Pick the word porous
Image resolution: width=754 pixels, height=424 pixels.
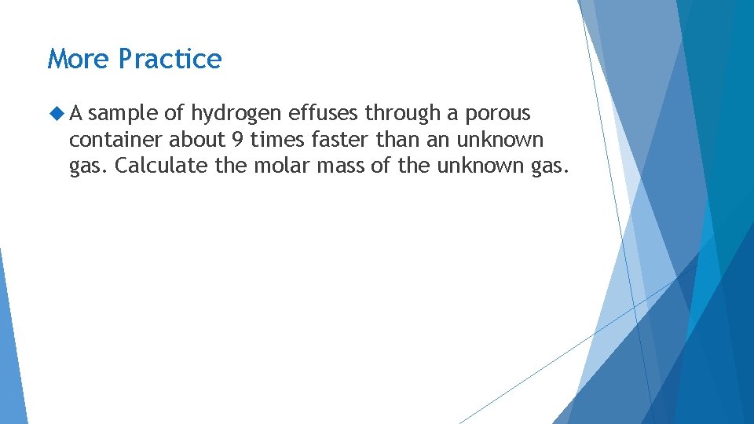click(x=498, y=115)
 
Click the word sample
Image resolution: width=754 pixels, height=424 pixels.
click(x=123, y=115)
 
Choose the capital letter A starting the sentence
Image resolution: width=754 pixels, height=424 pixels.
click(x=76, y=114)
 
